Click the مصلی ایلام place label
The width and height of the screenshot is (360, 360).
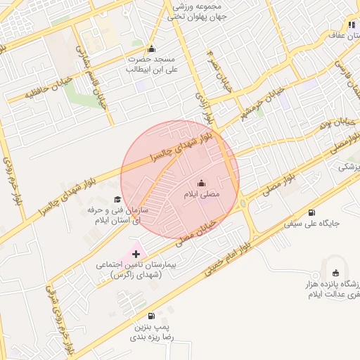coord(202,193)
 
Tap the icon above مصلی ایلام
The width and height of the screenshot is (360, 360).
coord(202,184)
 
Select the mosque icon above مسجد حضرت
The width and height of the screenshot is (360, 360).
coord(151,49)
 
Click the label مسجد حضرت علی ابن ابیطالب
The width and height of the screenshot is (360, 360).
coord(151,65)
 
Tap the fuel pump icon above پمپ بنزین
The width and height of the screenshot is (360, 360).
coord(151,316)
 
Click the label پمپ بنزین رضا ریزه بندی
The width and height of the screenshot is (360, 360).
coord(151,332)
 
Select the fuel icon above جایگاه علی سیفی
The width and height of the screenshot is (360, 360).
coord(311,212)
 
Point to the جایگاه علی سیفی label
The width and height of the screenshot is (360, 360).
coord(311,224)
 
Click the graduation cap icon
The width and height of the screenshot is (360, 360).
coord(117,199)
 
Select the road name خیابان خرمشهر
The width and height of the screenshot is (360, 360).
coord(263,103)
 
